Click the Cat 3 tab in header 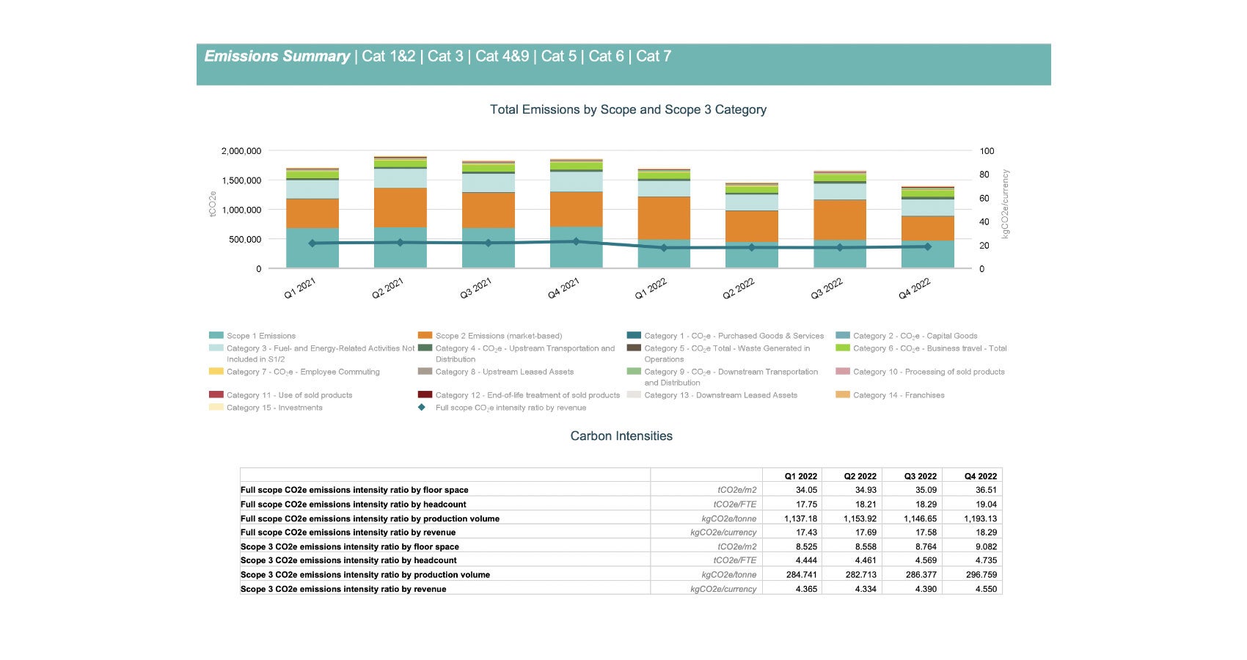445,56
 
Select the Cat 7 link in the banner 654,56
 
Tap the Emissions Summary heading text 277,56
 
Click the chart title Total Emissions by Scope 628,109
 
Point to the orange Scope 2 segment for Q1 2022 664,218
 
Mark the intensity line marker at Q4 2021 576,241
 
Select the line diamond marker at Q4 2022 927,246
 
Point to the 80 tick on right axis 987,175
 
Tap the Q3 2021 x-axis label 476,289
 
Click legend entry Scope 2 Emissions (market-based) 498,336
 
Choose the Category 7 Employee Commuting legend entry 302,372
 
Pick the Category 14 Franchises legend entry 898,395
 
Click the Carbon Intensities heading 621,436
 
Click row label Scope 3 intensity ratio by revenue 343,589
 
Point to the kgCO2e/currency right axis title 1006,204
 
